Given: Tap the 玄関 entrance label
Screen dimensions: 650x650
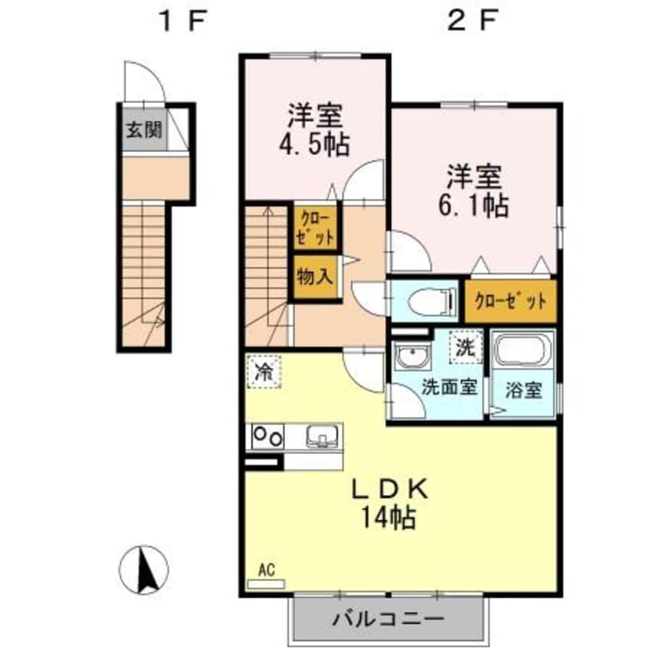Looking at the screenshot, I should pyautogui.click(x=144, y=129).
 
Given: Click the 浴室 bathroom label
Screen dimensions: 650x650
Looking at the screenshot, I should pyautogui.click(x=523, y=390).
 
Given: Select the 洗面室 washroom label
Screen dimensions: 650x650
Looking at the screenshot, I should pyautogui.click(x=449, y=387).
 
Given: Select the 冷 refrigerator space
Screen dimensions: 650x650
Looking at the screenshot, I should pyautogui.click(x=264, y=373).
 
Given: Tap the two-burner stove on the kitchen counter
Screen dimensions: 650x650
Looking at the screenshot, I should pyautogui.click(x=266, y=436).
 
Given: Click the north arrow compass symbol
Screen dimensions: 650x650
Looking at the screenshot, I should pyautogui.click(x=144, y=569).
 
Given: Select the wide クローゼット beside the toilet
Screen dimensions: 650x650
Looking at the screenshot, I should pyautogui.click(x=509, y=300).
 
